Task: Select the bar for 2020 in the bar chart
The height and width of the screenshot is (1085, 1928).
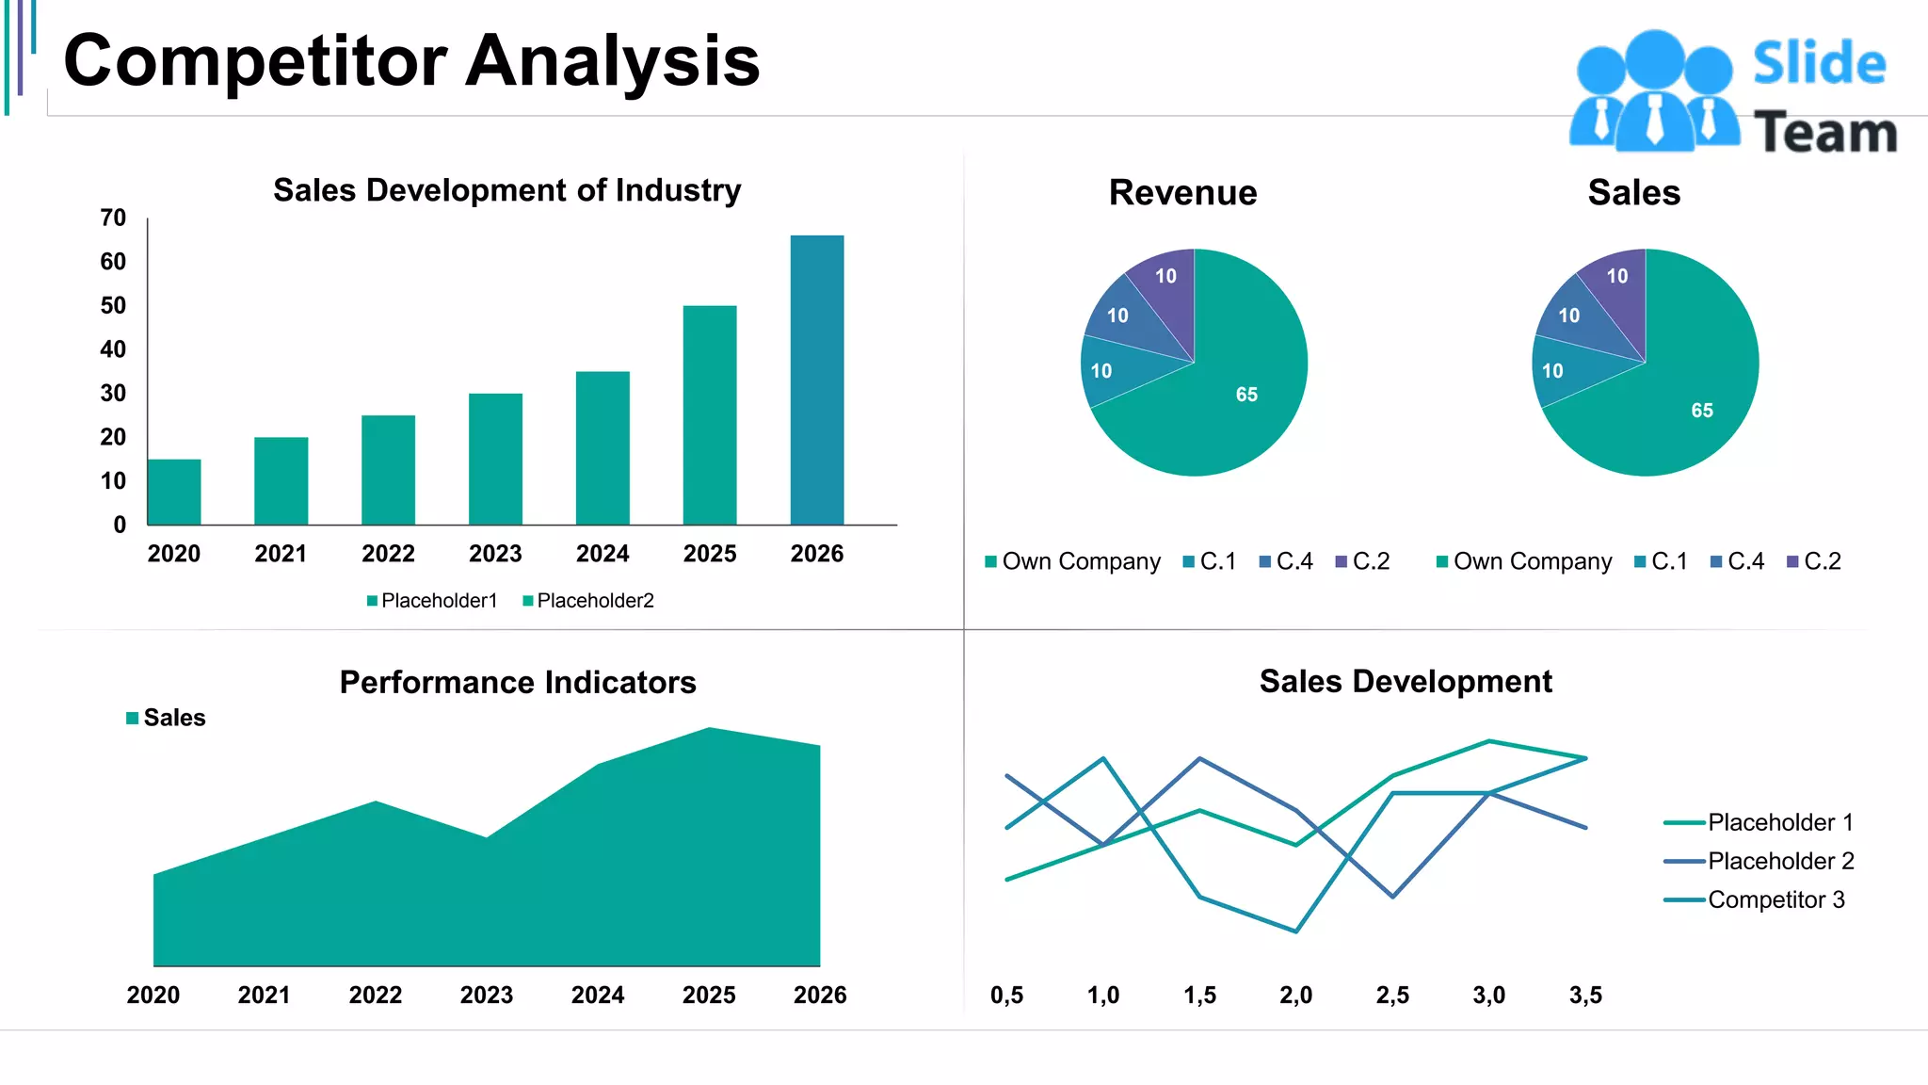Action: coord(174,492)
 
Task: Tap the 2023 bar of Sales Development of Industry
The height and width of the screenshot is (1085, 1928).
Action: coord(495,459)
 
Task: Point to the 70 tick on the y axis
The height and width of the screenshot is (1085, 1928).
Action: coord(113,219)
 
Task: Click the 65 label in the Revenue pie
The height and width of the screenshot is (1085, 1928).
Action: coord(1246,395)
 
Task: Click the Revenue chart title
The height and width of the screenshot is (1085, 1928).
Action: coord(1182,193)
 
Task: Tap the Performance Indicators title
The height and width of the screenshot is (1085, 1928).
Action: coord(518,682)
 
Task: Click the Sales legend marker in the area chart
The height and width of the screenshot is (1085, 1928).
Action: coord(133,719)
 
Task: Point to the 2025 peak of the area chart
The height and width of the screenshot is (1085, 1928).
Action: coord(710,729)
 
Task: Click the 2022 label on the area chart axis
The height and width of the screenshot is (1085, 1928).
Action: coord(376,996)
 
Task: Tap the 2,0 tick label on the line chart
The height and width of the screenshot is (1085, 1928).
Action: coord(1295,996)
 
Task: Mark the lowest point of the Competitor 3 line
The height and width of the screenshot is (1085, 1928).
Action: coord(1296,931)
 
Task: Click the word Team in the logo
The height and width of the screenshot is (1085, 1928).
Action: coord(1824,133)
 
